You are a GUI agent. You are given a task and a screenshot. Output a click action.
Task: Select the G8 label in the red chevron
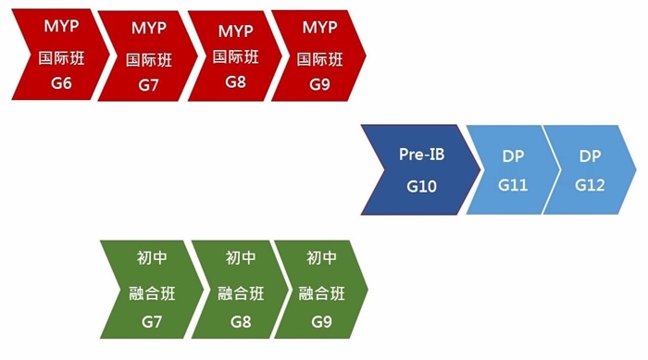click(x=236, y=81)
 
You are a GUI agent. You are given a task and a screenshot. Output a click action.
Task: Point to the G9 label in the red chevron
click(x=320, y=84)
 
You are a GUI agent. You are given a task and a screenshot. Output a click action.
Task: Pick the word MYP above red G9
click(x=320, y=28)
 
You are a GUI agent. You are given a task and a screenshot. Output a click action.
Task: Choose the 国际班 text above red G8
click(x=236, y=56)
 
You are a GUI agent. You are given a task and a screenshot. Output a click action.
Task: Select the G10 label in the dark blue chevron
click(x=421, y=186)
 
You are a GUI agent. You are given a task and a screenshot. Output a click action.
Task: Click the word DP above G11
click(x=513, y=156)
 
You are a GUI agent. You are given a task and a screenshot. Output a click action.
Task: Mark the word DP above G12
click(x=590, y=156)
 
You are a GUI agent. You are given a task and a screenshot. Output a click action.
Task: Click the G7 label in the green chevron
click(x=152, y=322)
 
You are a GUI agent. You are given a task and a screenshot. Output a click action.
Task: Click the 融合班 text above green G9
click(x=322, y=293)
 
